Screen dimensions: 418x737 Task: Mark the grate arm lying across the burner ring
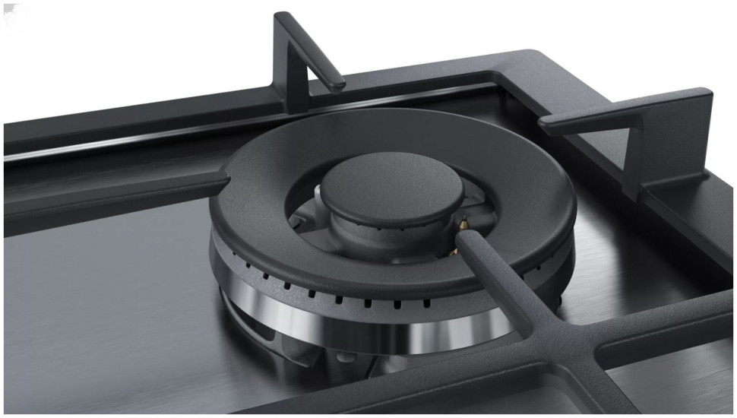pos(494,266)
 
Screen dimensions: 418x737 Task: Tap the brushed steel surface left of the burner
pos(99,304)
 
